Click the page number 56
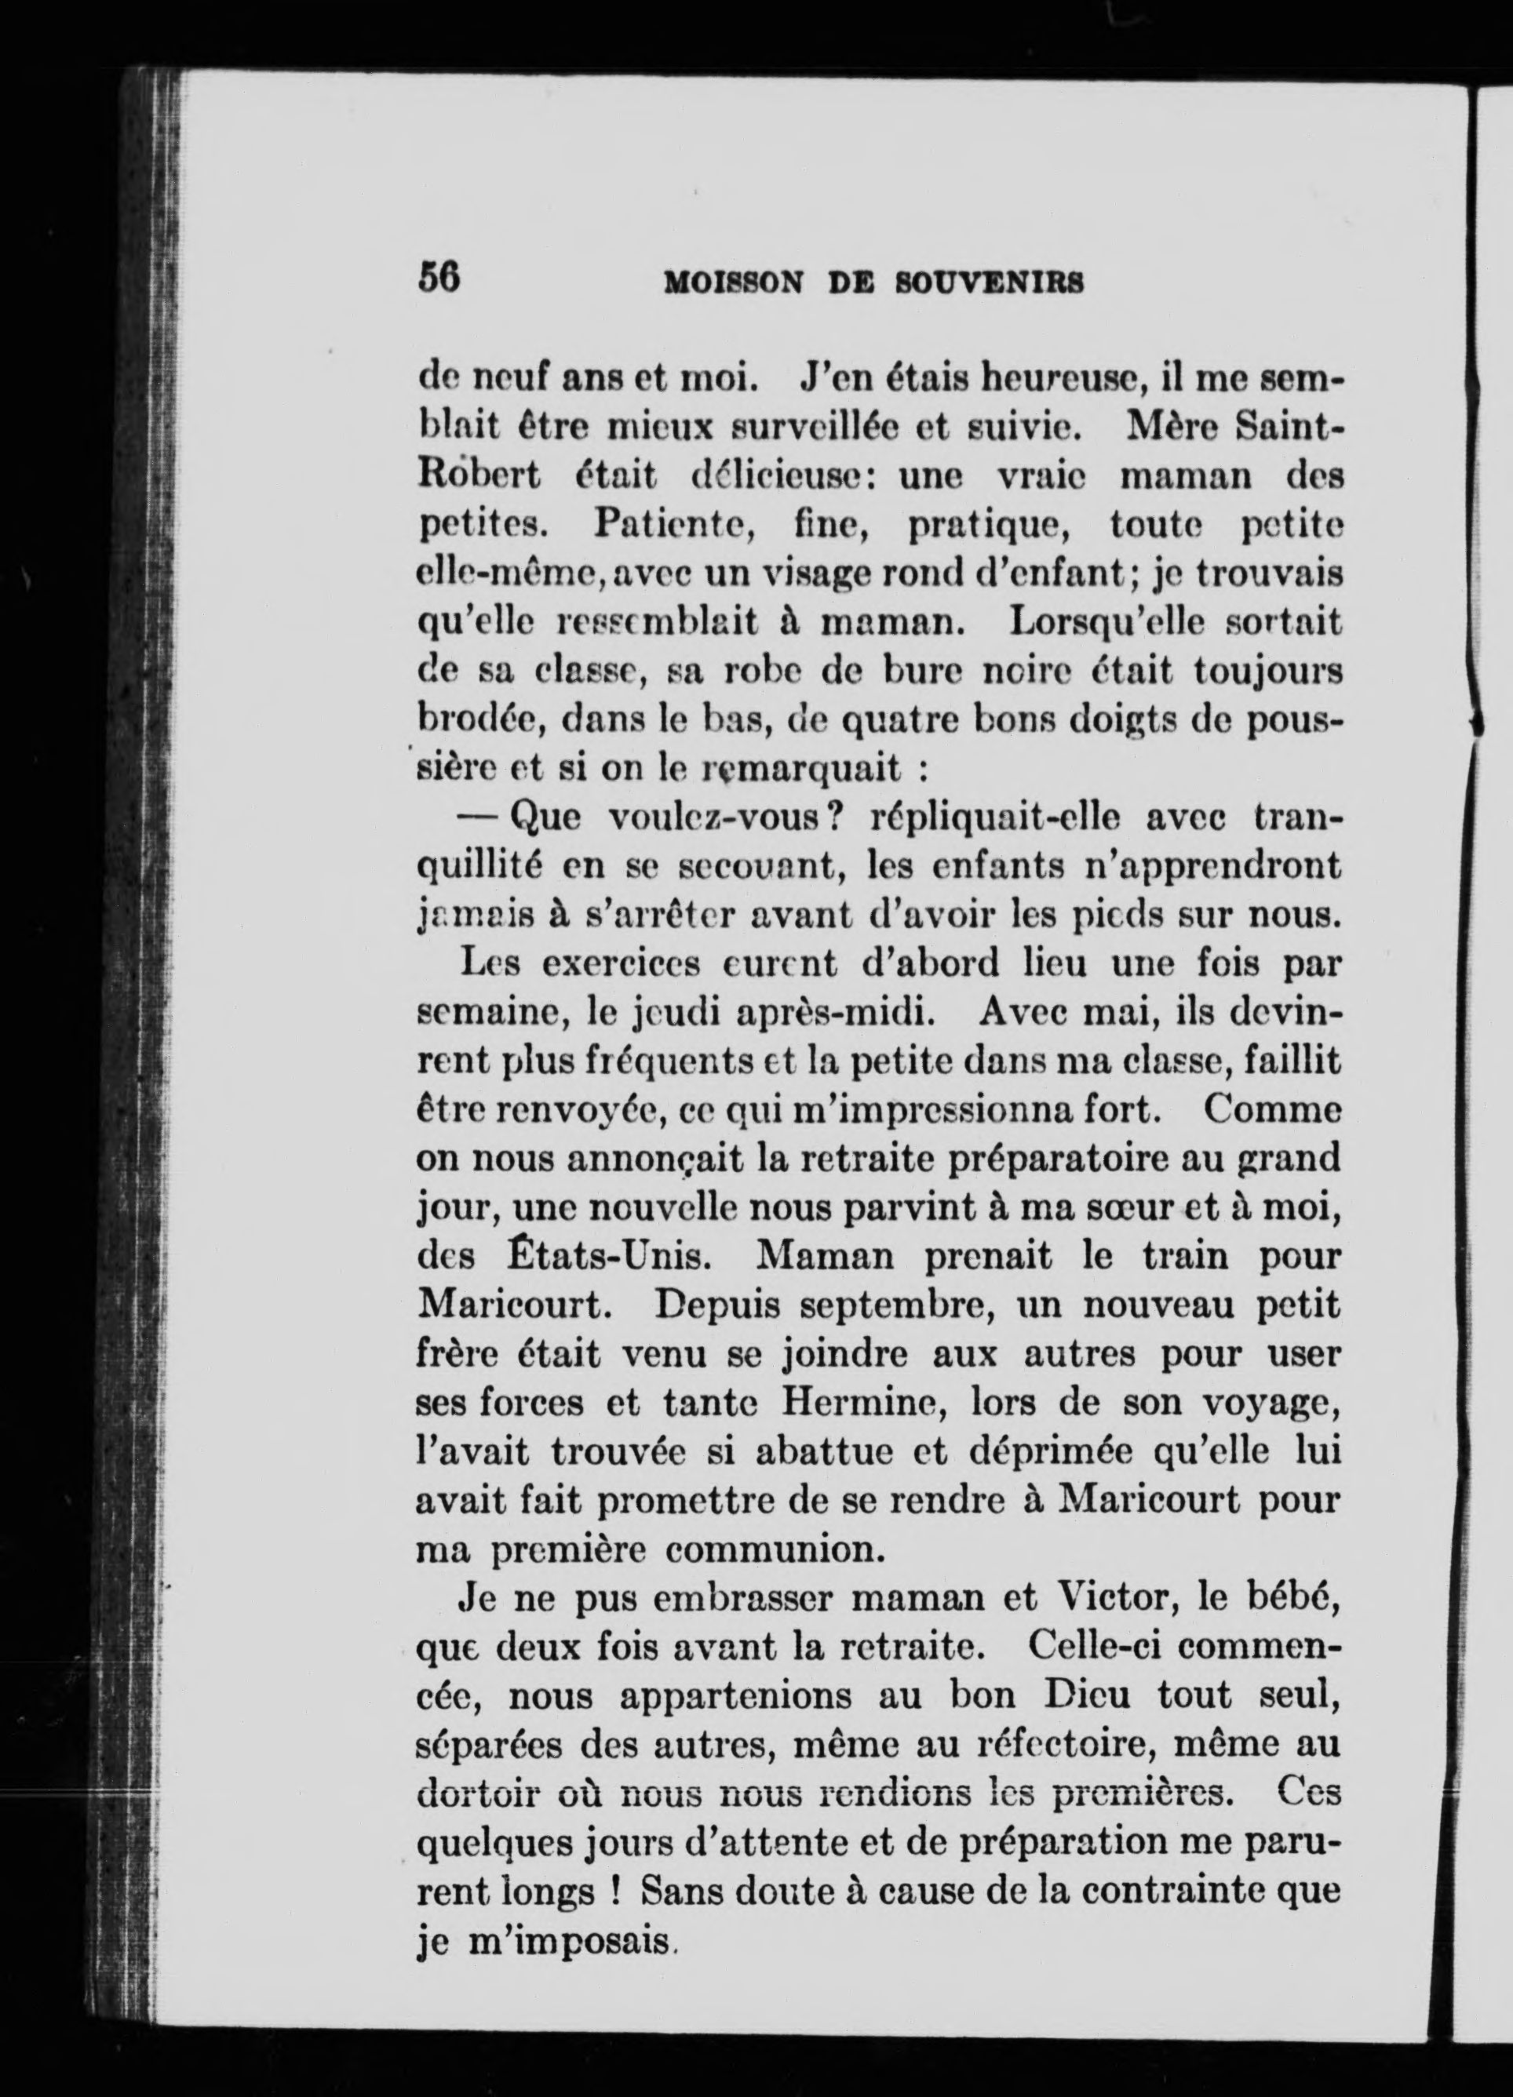click(x=439, y=278)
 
